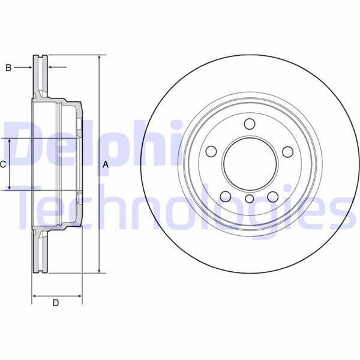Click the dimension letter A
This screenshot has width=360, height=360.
point(106,164)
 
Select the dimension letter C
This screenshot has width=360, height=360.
point(3,164)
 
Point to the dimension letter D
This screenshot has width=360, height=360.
point(56,303)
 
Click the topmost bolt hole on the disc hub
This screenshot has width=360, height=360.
point(249,124)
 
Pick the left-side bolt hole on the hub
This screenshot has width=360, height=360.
point(212,152)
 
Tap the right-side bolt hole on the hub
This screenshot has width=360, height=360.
point(286,152)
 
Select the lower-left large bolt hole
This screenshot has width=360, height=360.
point(226,196)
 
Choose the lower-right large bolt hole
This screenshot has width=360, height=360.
point(272,196)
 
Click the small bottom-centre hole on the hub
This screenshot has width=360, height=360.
point(249,198)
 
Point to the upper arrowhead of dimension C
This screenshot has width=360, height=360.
point(10,140)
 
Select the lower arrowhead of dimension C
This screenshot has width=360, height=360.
point(10,188)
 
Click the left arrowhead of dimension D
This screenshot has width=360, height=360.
point(34,295)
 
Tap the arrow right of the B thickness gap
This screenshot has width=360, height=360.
point(51,68)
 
